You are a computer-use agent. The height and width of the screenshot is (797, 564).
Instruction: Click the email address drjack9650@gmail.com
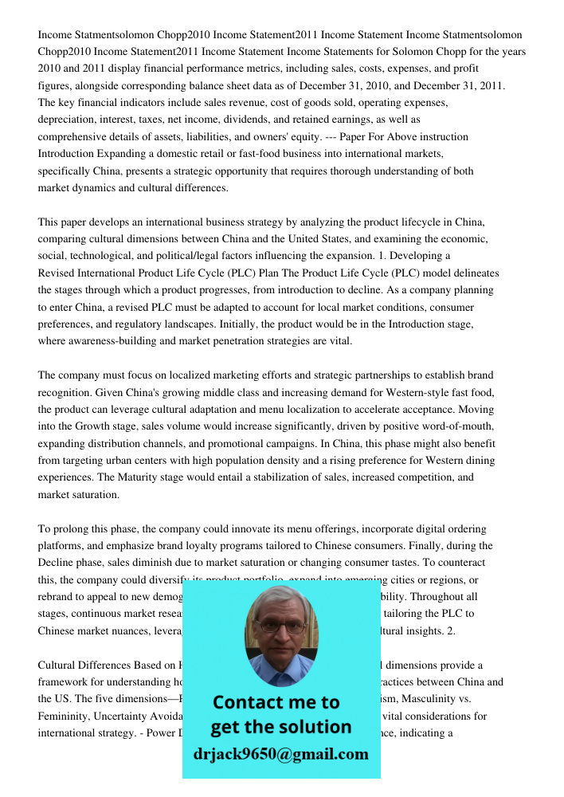(x=280, y=754)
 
